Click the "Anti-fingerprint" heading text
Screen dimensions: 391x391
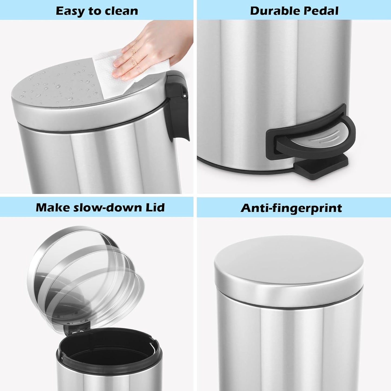(291, 208)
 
